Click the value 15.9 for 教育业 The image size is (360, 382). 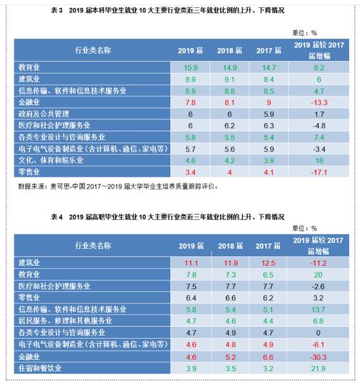(190, 67)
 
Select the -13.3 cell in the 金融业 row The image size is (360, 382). (319, 103)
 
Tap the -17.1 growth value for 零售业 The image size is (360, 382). (319, 172)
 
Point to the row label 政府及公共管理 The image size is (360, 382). (44, 114)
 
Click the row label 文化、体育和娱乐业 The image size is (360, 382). (51, 161)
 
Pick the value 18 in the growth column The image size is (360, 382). (319, 161)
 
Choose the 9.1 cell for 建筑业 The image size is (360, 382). (230, 79)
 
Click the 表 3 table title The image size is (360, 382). (168, 10)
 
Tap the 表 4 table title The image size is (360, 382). (168, 217)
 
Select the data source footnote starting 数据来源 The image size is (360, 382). (118, 187)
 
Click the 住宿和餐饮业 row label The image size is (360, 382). (40, 368)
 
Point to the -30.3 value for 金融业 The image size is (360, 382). (318, 357)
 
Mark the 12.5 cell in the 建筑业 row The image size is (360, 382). (268, 263)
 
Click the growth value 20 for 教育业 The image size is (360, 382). (318, 275)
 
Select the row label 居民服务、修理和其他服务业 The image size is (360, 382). (65, 321)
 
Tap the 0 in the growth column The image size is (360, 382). (318, 333)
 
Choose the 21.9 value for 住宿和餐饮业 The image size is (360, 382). (318, 369)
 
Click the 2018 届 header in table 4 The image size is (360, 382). (230, 246)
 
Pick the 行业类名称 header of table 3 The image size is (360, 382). (93, 50)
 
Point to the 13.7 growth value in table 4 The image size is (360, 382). (318, 310)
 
